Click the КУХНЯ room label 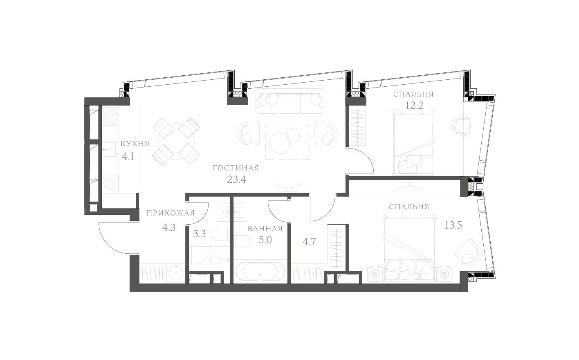pyautogui.click(x=135, y=144)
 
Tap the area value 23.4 pyautogui.click(x=236, y=179)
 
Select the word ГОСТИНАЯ pyautogui.click(x=236, y=168)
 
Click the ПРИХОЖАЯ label pyautogui.click(x=170, y=213)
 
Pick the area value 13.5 pyautogui.click(x=453, y=225)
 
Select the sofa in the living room pyautogui.click(x=290, y=102)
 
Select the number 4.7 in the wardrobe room pyautogui.click(x=309, y=242)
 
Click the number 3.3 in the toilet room pyautogui.click(x=199, y=234)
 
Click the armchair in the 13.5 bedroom pyautogui.click(x=468, y=252)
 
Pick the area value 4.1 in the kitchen pyautogui.click(x=128, y=156)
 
